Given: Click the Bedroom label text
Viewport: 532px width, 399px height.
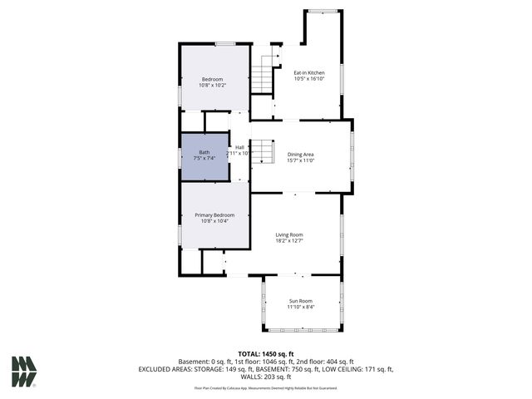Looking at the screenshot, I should tap(212, 79).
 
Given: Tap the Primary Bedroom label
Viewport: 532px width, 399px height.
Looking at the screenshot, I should tap(214, 214).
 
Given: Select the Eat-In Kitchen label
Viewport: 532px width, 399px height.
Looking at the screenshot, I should tap(309, 72).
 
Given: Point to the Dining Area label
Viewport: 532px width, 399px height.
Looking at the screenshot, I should tap(300, 155).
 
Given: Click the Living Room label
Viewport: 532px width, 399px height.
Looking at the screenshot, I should tap(289, 235).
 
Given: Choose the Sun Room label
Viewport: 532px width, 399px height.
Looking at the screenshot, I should tap(300, 301).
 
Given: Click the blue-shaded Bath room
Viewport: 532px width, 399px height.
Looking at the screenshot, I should tap(204, 156).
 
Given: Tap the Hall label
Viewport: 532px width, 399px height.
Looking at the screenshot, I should tap(239, 147).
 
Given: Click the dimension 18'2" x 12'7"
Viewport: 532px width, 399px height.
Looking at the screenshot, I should tap(289, 242).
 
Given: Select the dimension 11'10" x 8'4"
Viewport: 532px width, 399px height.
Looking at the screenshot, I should tap(300, 308).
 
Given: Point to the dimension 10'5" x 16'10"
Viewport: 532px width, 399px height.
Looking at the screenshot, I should tap(309, 79).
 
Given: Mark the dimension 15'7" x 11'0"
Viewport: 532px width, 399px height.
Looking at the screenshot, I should tap(300, 160).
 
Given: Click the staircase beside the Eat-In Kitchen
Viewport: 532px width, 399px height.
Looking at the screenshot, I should tap(263, 77).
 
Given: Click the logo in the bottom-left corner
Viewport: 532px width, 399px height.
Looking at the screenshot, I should tap(23, 372).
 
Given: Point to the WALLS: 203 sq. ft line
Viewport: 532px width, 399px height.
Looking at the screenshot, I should tap(266, 376).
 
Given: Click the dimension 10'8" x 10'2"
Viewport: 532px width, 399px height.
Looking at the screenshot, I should tap(212, 85).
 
